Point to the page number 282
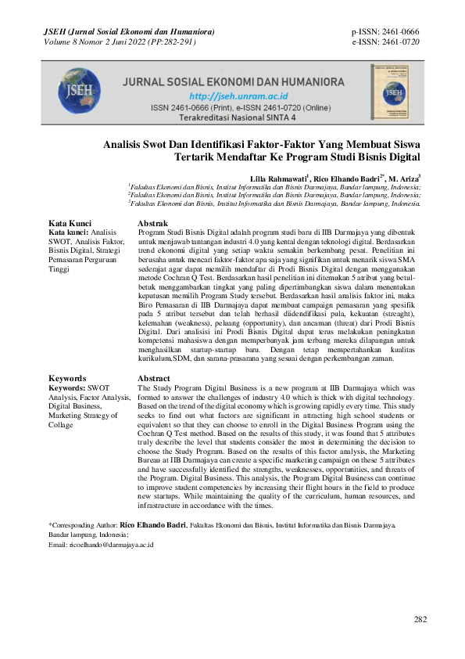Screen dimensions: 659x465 (x=420, y=620)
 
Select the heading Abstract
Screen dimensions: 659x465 (x=154, y=378)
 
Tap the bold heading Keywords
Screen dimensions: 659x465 (x=67, y=378)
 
